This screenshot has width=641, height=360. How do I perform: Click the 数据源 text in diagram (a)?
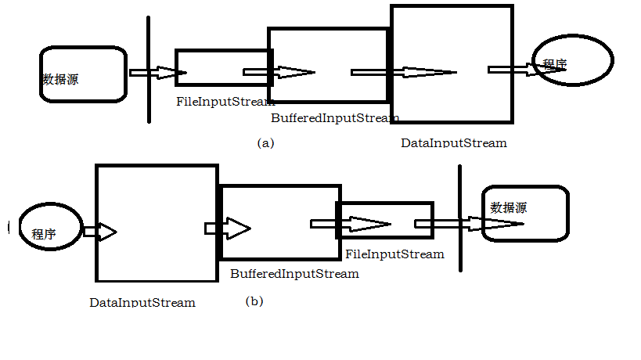coord(60,79)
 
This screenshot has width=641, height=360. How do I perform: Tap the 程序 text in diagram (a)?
coord(555,64)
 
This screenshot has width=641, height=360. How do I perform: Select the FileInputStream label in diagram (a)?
coord(225,101)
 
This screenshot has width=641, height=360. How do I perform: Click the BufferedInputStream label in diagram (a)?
coord(335,118)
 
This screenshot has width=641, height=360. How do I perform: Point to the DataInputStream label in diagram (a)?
coord(454,143)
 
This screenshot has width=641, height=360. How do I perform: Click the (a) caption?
coord(266,143)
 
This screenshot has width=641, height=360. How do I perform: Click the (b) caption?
coord(254,301)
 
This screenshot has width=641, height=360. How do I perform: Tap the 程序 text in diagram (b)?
coord(44,234)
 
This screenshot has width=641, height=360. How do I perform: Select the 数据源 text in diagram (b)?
coord(509,207)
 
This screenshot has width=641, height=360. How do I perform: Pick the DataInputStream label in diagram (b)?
coord(142,302)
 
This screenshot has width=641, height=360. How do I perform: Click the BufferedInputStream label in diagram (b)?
coord(294,274)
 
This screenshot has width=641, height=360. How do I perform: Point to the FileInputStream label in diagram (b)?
coord(394,254)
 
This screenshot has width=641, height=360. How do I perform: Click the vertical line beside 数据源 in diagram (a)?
coord(149,70)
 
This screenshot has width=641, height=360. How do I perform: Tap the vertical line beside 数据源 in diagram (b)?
coord(460,218)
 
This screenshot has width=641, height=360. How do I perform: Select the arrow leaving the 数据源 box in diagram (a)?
coord(158,73)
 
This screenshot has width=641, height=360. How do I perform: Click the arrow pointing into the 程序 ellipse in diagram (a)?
coord(527,70)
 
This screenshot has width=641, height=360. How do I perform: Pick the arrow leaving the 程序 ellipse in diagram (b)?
coord(100,232)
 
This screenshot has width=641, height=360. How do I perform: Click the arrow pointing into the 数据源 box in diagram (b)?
coord(469,224)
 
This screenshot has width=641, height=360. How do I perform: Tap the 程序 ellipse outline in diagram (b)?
coord(20,226)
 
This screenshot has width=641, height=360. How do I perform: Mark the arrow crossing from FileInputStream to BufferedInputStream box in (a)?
coord(279,72)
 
